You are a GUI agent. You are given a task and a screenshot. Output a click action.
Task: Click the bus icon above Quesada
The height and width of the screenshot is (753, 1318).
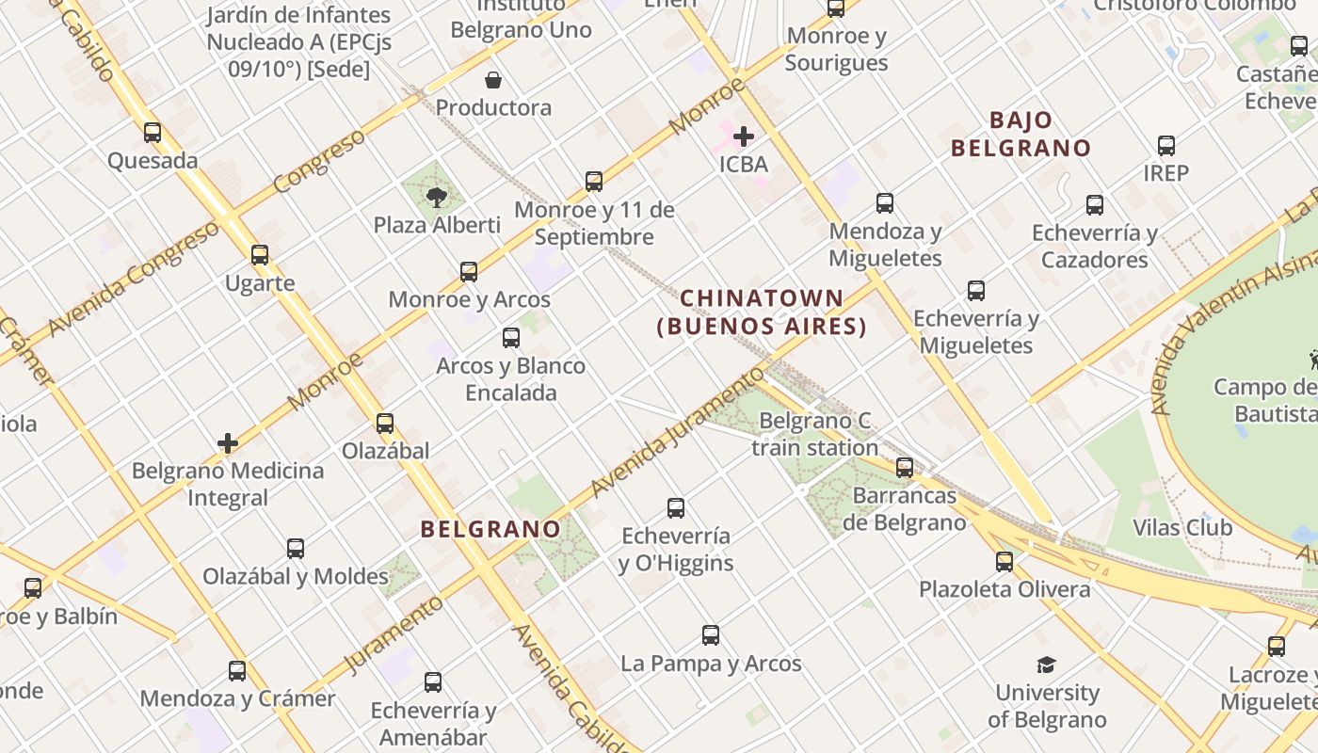153,133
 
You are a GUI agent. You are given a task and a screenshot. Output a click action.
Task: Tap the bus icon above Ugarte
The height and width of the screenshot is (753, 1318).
260,255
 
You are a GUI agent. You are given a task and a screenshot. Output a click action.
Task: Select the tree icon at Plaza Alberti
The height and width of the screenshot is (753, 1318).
436,197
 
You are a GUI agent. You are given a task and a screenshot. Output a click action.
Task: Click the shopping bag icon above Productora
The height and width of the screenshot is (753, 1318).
492,80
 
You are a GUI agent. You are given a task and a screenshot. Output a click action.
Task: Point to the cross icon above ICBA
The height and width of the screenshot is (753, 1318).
744,136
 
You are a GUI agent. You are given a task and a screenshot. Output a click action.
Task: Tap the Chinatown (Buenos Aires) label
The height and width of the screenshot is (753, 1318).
762,312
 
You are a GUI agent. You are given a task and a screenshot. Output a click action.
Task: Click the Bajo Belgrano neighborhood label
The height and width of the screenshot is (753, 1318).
1021,135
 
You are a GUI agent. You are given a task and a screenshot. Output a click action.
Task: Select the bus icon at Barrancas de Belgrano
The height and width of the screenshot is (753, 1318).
905,467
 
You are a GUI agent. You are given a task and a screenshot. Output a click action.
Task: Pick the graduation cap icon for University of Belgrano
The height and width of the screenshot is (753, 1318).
1047,665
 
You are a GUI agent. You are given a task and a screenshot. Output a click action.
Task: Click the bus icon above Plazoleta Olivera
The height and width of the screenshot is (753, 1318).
1005,562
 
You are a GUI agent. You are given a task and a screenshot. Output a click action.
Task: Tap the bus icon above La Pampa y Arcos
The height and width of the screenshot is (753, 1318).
711,635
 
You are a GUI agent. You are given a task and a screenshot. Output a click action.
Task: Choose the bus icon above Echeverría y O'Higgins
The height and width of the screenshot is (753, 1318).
676,508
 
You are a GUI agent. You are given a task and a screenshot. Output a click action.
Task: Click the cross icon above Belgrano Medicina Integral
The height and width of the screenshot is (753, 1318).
228,443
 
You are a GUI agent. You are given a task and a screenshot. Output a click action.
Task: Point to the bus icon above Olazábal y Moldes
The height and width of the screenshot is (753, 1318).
296,549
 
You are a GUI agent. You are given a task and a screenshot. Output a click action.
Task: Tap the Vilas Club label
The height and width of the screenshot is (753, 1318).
1182,527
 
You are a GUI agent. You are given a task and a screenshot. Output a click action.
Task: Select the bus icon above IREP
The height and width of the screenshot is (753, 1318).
1166,146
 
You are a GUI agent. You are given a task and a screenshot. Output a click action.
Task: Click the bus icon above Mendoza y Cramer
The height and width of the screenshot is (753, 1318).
237,671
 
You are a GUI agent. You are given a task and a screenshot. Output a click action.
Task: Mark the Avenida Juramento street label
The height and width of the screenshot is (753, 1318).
678,433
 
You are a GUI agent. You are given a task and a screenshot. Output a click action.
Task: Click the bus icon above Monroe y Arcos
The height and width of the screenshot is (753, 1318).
469,272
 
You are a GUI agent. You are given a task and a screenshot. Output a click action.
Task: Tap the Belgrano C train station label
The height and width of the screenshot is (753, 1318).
815,434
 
